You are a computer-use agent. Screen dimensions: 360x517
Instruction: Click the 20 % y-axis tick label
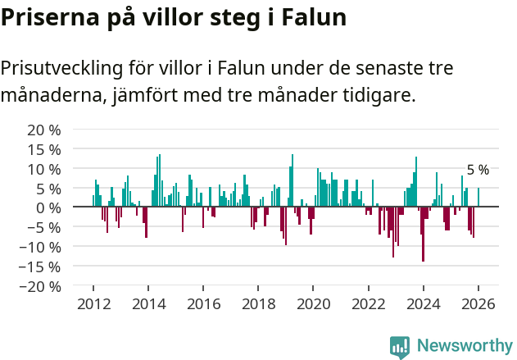click(x=44, y=130)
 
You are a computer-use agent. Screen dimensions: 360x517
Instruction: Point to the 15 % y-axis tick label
click(x=44, y=149)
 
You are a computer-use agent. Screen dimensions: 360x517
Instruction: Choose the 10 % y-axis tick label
click(x=44, y=169)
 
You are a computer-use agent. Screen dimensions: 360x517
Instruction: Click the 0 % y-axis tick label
click(x=48, y=207)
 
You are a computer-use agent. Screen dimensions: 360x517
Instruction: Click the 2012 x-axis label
click(x=93, y=303)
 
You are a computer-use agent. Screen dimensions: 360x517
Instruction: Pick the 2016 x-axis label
click(x=203, y=303)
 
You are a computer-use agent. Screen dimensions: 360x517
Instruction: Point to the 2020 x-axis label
click(x=313, y=303)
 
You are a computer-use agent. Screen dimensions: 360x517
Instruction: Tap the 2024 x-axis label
click(x=424, y=303)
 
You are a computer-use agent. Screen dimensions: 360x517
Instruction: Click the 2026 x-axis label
click(x=478, y=303)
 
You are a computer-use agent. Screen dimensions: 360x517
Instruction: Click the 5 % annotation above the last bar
click(x=478, y=170)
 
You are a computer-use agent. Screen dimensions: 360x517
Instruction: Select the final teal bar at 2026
click(x=478, y=198)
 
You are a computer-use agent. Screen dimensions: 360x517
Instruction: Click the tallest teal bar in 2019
click(x=292, y=180)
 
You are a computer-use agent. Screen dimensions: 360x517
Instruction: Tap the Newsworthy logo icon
click(x=400, y=346)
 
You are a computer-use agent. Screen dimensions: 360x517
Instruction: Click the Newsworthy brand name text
click(x=464, y=346)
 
